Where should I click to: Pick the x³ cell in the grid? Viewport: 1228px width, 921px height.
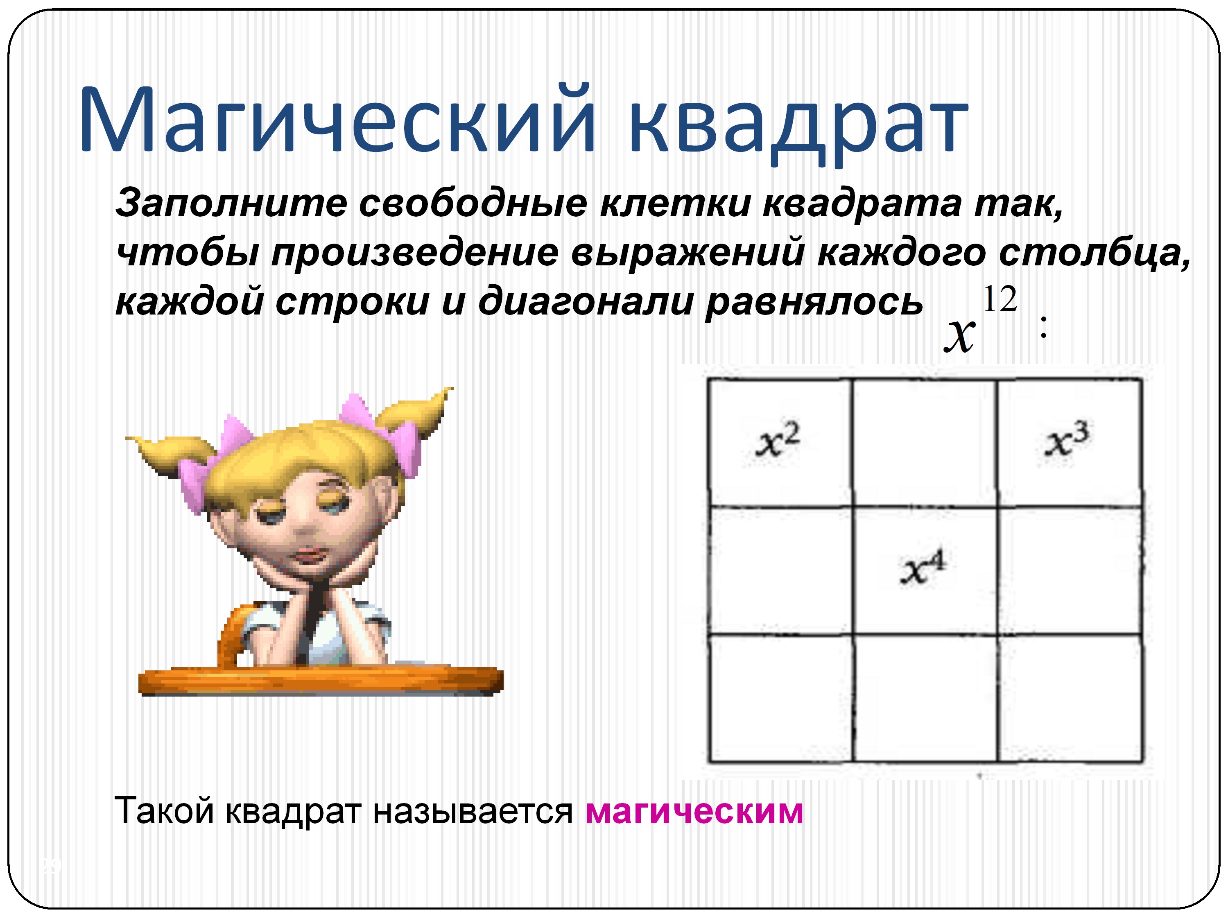pos(1069,442)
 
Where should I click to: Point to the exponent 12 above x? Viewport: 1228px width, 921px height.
pos(999,299)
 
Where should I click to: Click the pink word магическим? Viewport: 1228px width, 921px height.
pos(694,811)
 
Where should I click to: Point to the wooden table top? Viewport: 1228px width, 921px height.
pos(320,681)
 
